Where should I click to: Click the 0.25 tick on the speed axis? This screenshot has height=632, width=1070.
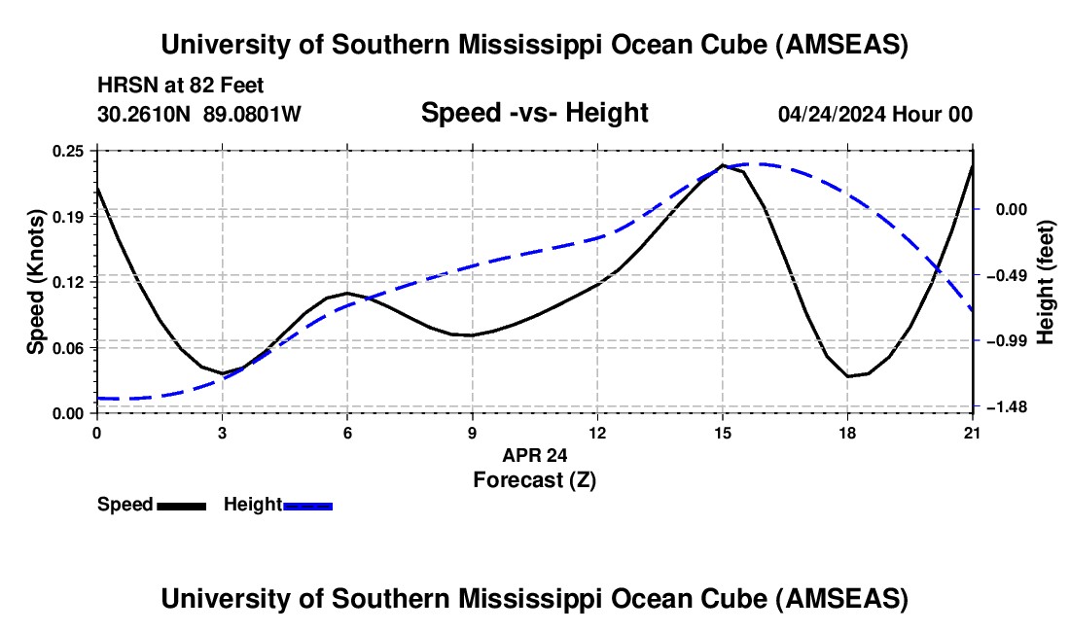[x=69, y=151]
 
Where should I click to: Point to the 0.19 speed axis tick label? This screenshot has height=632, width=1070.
[x=69, y=216]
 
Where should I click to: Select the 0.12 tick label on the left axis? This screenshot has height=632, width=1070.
[x=69, y=282]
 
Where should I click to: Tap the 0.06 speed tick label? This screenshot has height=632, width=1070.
[x=69, y=347]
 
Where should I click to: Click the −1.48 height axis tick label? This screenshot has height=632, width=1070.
[x=1005, y=407]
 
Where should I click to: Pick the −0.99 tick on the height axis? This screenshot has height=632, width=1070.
[x=1005, y=340]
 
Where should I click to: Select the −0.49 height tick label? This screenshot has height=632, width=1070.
[x=1005, y=276]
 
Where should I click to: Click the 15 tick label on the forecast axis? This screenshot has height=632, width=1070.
[x=723, y=433]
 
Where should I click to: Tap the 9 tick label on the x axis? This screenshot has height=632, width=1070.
[x=473, y=433]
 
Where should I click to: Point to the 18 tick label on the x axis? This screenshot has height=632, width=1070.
[x=848, y=433]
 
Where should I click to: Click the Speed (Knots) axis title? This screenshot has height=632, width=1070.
[x=35, y=282]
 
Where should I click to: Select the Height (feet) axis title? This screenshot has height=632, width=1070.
[x=1046, y=282]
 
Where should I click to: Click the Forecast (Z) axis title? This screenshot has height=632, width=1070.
[x=534, y=478]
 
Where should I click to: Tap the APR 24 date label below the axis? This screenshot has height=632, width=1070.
[x=534, y=455]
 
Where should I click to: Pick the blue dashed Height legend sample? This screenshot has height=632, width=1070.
[x=307, y=505]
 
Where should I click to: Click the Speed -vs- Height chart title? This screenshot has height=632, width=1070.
[x=534, y=113]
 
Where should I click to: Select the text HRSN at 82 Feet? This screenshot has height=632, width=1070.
[x=181, y=86]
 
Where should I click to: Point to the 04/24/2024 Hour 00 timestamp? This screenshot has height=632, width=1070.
[x=874, y=115]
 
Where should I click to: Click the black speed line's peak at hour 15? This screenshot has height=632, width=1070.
[x=723, y=165]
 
